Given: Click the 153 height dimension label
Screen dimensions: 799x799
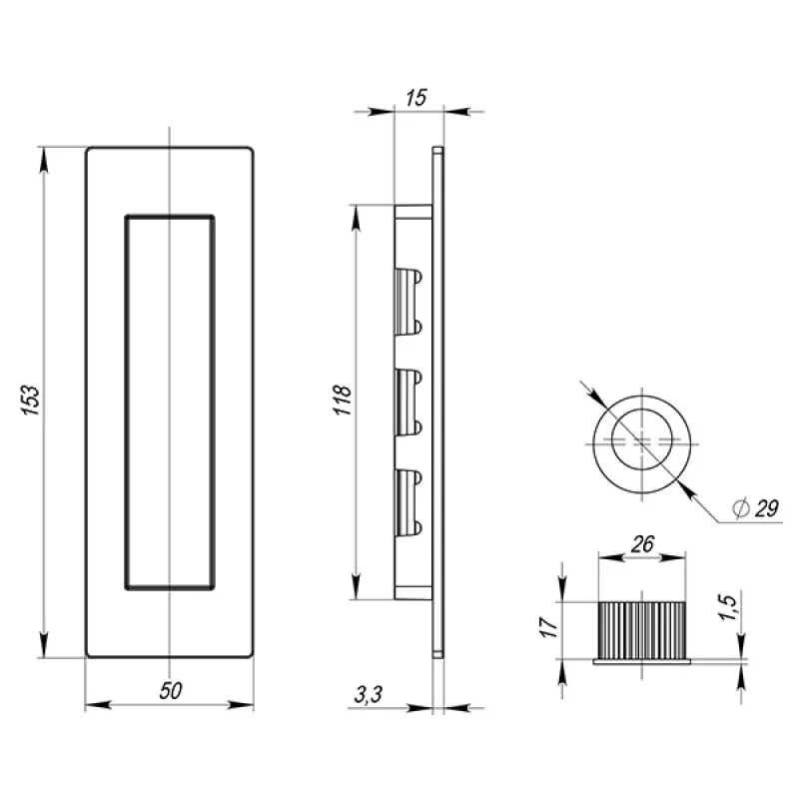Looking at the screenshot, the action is point(31,400).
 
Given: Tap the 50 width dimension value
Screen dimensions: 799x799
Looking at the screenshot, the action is point(170,691).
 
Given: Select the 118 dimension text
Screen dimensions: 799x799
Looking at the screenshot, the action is point(344,400).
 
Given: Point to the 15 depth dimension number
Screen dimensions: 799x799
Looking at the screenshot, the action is point(416,98).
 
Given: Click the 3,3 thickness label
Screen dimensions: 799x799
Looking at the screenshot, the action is point(368,694).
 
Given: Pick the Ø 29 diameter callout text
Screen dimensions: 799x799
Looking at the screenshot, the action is point(756,508).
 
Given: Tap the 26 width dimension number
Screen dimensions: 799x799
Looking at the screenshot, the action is point(642,544).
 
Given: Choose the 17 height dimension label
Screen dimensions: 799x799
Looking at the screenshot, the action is point(548,627).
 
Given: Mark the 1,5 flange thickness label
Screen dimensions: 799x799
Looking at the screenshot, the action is point(728,607).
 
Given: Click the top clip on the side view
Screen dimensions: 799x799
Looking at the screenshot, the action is point(408,302).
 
